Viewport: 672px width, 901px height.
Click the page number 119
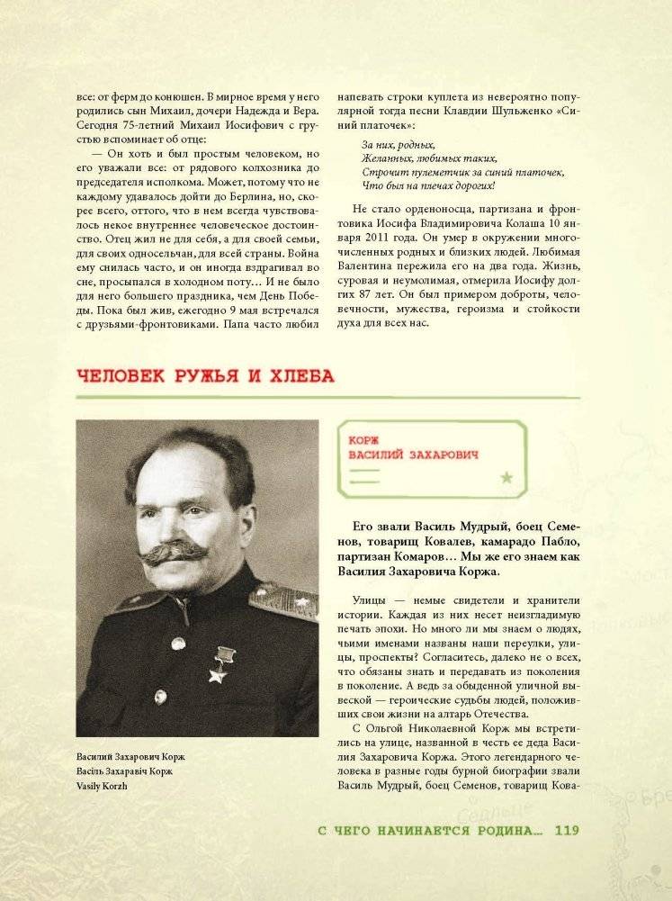572,830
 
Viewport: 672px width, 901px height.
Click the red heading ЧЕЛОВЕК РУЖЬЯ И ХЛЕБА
206,376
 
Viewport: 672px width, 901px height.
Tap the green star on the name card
506,478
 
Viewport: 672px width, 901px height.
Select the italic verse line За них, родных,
399,144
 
